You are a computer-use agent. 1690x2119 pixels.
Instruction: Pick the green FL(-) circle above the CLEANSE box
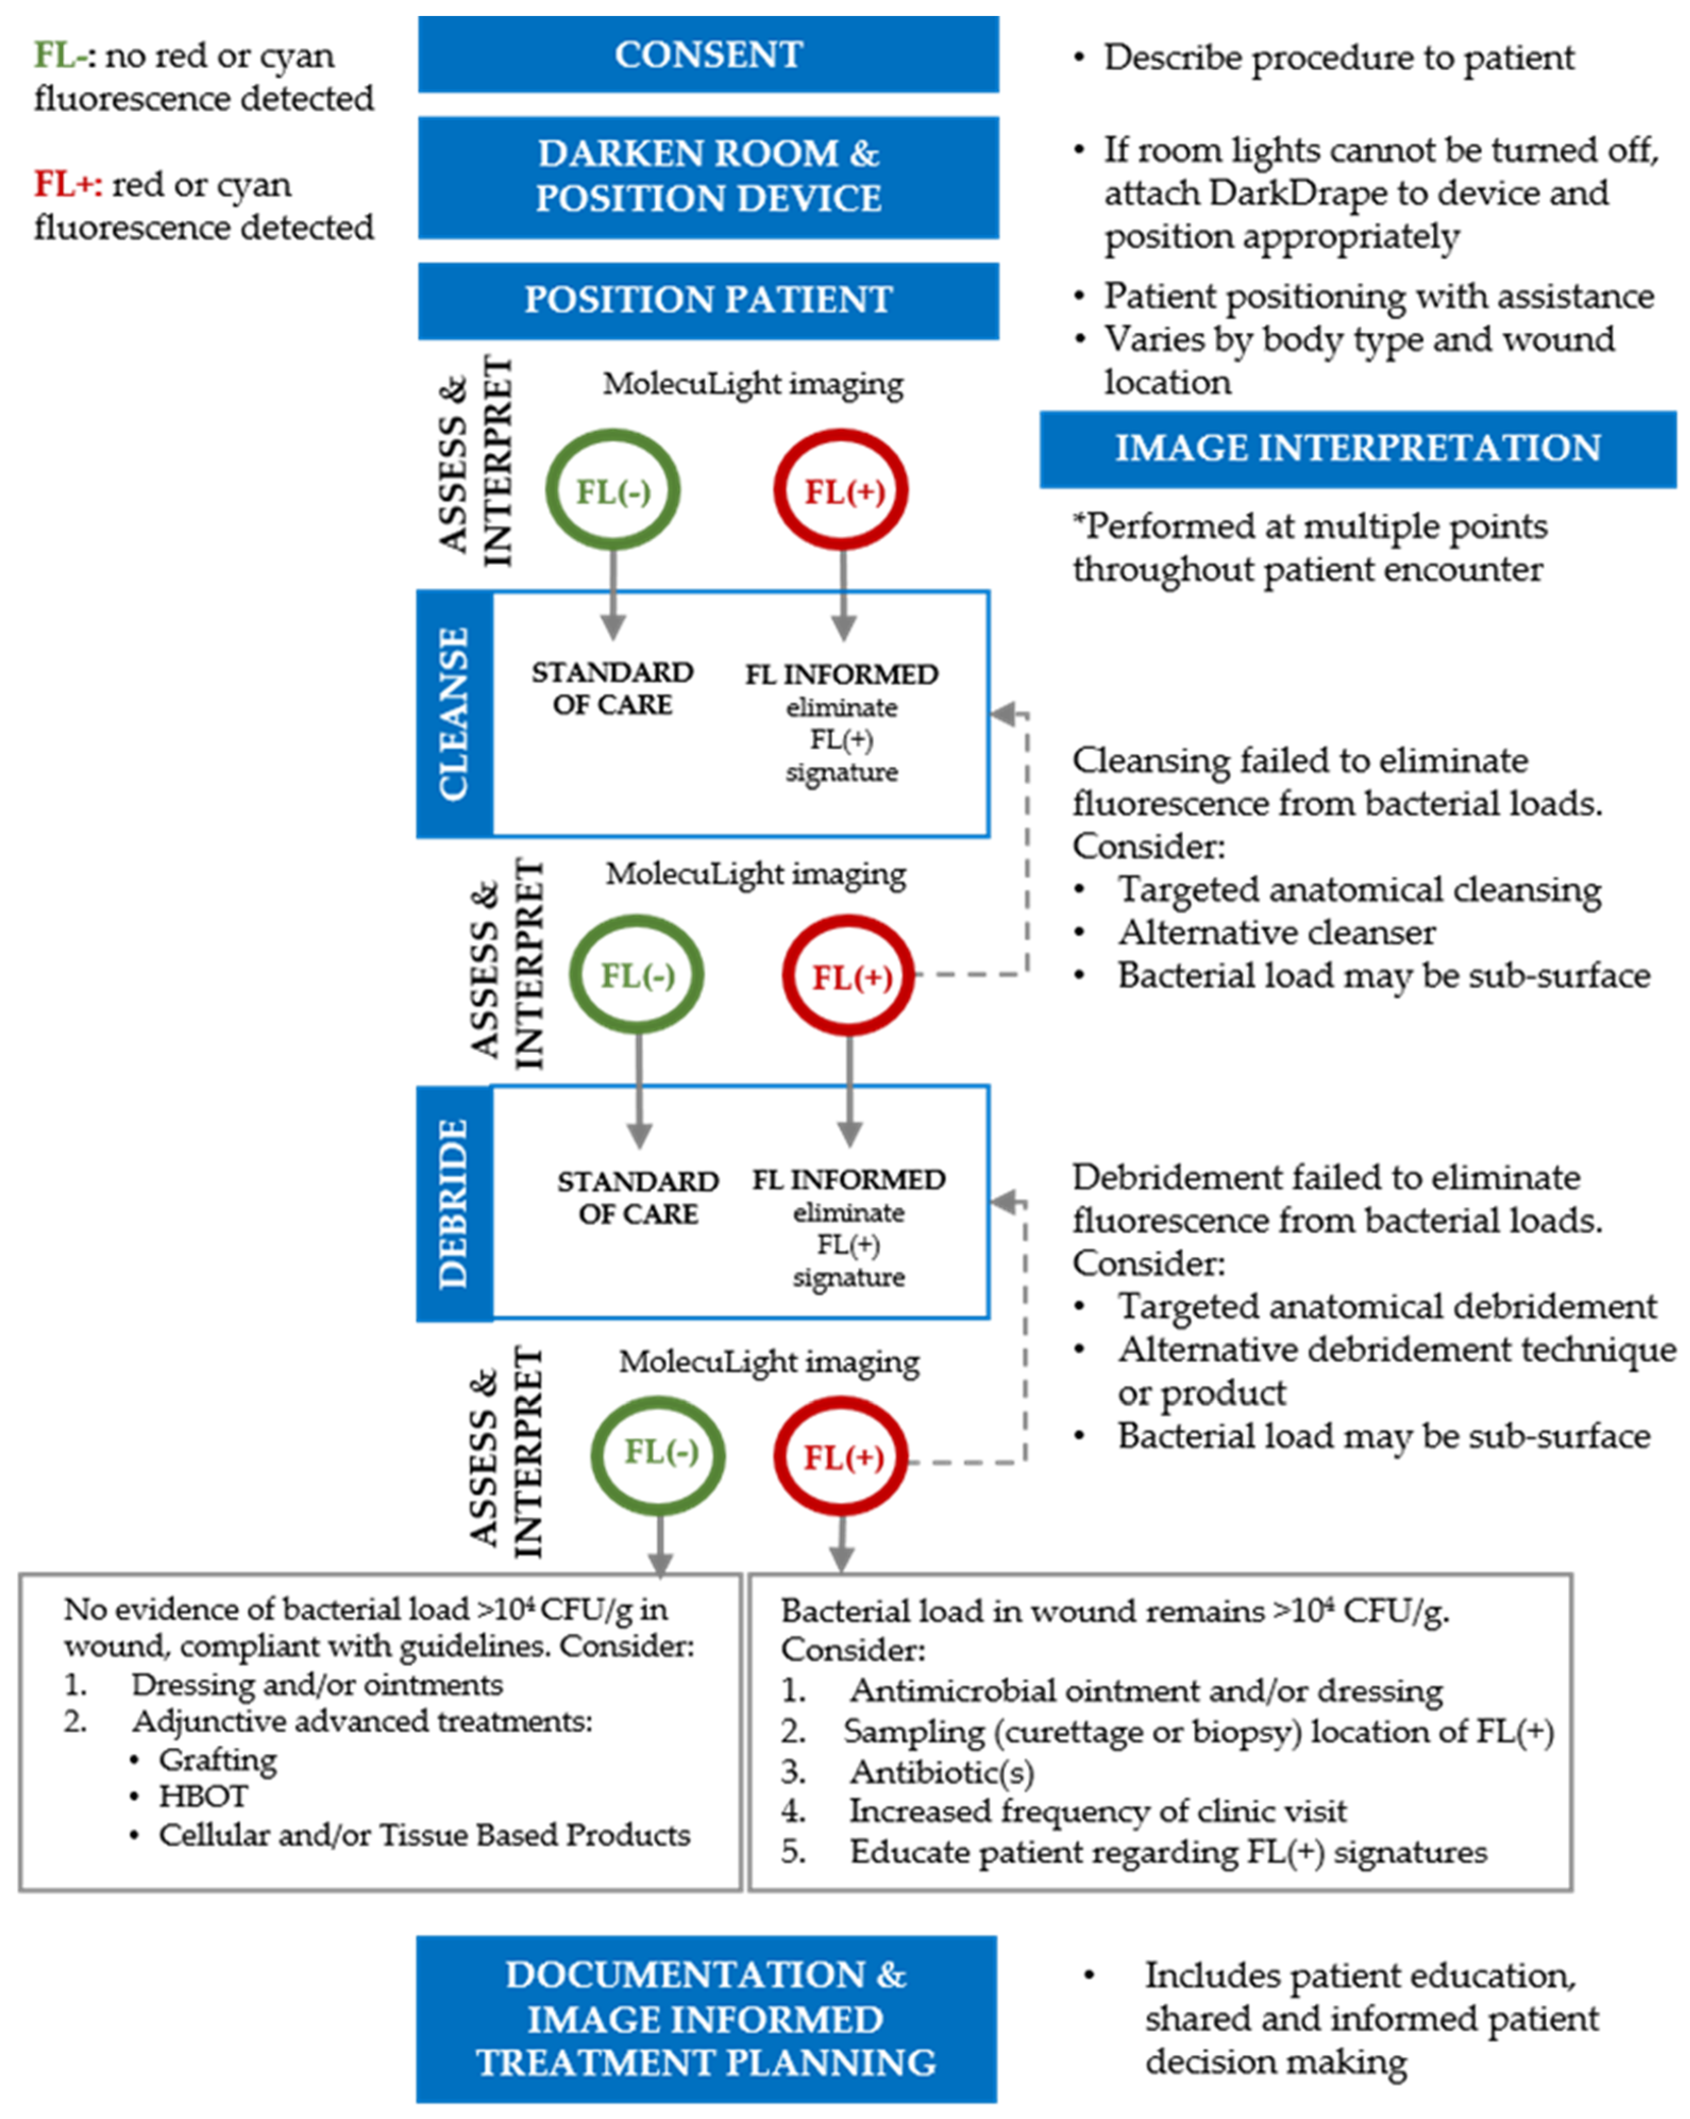(x=612, y=491)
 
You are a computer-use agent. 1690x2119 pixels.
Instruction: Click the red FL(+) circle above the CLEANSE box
(x=842, y=491)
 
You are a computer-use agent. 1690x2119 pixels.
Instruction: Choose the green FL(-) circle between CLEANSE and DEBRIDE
(x=638, y=976)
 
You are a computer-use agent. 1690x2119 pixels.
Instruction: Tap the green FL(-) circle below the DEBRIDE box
(x=660, y=1453)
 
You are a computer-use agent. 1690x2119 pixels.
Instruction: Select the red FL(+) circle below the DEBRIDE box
(x=841, y=1457)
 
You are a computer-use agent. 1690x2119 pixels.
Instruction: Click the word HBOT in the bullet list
(x=204, y=1797)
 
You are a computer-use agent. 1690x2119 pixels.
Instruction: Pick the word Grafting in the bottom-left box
(x=218, y=1759)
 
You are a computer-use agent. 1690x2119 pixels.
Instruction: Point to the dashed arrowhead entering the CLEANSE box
(x=1002, y=714)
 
